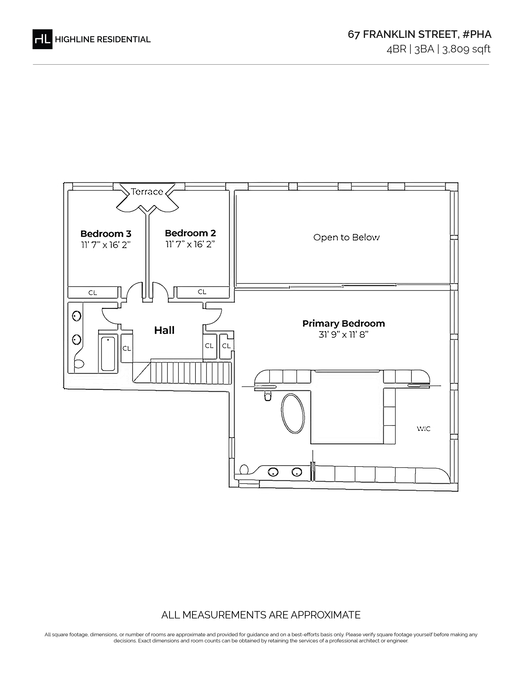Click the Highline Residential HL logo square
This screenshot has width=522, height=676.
(x=42, y=39)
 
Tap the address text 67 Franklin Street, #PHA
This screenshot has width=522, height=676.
(x=419, y=35)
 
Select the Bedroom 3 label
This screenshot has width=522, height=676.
(x=106, y=234)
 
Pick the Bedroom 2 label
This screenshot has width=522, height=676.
(x=190, y=233)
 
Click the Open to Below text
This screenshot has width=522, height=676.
(x=346, y=237)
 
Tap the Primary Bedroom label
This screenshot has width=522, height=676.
(x=343, y=324)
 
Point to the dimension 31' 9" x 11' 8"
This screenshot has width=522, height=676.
(x=343, y=335)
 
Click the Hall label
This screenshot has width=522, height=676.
(x=164, y=330)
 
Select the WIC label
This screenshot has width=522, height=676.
(x=424, y=429)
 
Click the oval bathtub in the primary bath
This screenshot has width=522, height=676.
(x=293, y=413)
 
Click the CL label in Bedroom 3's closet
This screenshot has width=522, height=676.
(x=93, y=293)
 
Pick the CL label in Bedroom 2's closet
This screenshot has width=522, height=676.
(x=202, y=291)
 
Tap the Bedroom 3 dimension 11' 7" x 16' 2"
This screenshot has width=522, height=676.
(x=106, y=245)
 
